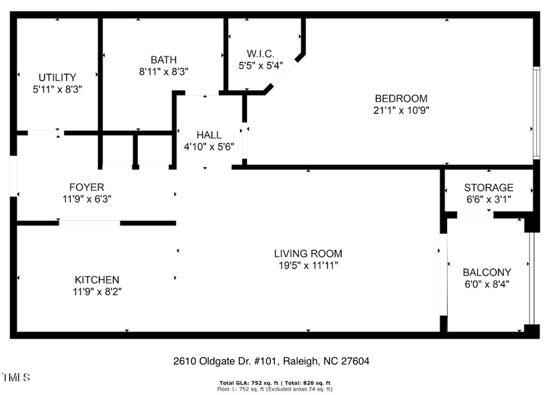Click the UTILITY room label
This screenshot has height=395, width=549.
pos(57,78)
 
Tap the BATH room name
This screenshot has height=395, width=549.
pos(163,60)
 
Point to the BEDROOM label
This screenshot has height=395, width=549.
pos(401,98)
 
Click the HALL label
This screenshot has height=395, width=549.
pos(209,135)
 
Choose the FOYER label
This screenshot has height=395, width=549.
pos(87,187)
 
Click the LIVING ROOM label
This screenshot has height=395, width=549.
pos(307,253)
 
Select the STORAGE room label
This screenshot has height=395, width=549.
pos(489,187)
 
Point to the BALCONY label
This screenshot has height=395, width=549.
pos(487,272)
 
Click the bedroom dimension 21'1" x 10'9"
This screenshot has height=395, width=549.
pos(401,111)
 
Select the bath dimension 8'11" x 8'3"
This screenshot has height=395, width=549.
pos(163,71)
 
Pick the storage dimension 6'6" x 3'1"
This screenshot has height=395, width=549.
pos(489,199)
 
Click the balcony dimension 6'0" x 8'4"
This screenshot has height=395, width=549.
pos(487,284)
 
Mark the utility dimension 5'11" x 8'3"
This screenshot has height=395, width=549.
pos(57,89)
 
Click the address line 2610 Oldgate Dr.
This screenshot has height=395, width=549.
pos(271,361)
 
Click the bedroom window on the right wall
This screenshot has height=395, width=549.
pos(536,113)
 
